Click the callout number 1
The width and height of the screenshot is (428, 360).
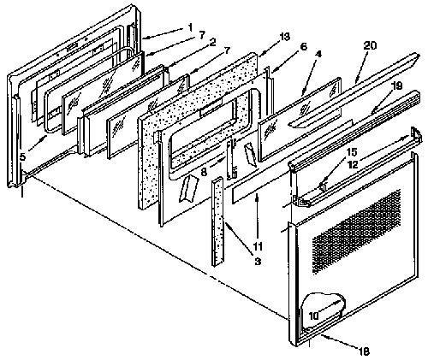click(190, 27)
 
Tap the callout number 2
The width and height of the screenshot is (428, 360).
click(211, 43)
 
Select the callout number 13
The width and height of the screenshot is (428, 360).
click(284, 37)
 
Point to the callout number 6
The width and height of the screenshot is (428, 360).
click(304, 47)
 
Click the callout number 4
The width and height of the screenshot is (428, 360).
click(318, 54)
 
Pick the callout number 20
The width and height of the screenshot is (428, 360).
click(370, 45)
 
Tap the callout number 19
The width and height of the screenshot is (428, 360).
click(396, 86)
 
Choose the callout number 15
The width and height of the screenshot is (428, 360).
click(352, 152)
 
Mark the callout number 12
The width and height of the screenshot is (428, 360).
click(353, 165)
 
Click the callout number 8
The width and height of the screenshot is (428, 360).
click(204, 173)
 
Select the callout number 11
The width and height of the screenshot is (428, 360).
click(258, 245)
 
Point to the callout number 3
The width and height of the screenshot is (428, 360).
click(258, 261)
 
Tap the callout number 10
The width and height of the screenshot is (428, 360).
click(313, 316)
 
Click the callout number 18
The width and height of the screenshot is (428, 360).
click(364, 351)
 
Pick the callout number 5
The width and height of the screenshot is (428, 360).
click(22, 156)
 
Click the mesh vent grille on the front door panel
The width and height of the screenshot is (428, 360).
click(356, 232)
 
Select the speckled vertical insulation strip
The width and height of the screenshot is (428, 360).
click(217, 221)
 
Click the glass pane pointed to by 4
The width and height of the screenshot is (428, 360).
click(300, 119)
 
